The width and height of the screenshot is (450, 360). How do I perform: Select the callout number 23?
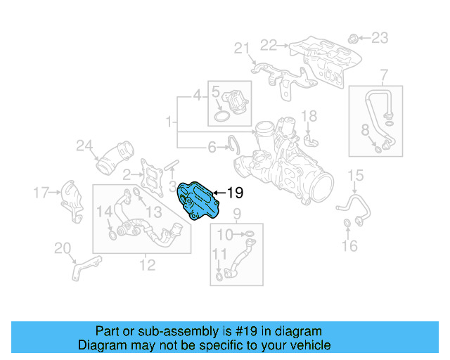(379, 37)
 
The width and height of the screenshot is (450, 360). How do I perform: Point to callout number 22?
(269, 45)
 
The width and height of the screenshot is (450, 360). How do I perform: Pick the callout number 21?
(242, 48)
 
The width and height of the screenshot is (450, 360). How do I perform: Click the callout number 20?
(63, 247)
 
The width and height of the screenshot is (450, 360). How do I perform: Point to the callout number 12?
(147, 265)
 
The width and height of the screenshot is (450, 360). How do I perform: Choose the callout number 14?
(103, 211)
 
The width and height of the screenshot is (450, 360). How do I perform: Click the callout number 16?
(349, 245)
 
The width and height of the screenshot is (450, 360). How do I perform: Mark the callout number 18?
(309, 116)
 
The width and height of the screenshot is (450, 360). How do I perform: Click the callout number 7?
(384, 75)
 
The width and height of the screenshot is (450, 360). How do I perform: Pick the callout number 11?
(219, 254)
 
